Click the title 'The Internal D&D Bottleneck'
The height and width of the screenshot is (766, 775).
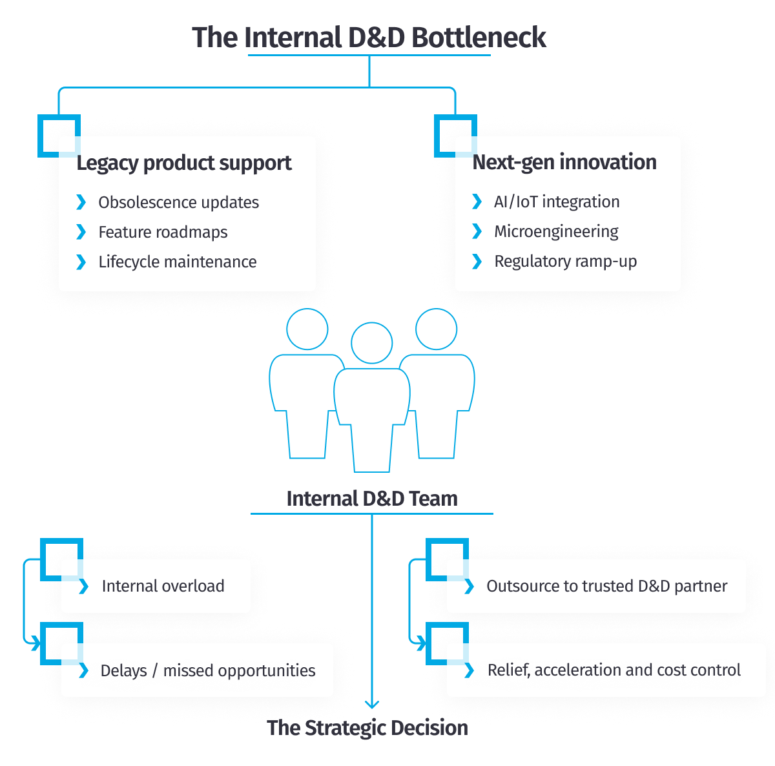369,37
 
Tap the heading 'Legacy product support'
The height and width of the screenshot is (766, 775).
184,163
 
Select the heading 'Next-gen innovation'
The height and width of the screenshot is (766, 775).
564,162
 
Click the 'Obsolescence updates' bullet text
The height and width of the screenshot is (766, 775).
178,202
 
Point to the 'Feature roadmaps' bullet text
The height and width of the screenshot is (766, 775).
163,232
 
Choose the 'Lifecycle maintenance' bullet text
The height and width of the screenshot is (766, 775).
177,262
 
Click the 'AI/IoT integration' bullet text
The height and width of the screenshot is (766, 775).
556,202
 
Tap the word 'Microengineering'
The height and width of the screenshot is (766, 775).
556,231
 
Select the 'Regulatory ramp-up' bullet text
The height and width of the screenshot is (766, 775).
565,261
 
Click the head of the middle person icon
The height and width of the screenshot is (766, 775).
371,343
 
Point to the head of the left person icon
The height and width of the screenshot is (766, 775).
307,329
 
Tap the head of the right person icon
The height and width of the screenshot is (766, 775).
437,329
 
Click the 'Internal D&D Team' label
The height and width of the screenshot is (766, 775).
371,499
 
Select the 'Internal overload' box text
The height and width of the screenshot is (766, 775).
163,586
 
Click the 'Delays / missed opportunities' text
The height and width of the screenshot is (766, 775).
207,670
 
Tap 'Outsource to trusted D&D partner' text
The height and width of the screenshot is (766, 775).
606,586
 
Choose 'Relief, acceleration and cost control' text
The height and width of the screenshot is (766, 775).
614,670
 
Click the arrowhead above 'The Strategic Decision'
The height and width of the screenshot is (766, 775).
371,705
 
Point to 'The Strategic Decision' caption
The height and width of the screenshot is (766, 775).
368,728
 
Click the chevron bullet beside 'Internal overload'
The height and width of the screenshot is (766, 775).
83,586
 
